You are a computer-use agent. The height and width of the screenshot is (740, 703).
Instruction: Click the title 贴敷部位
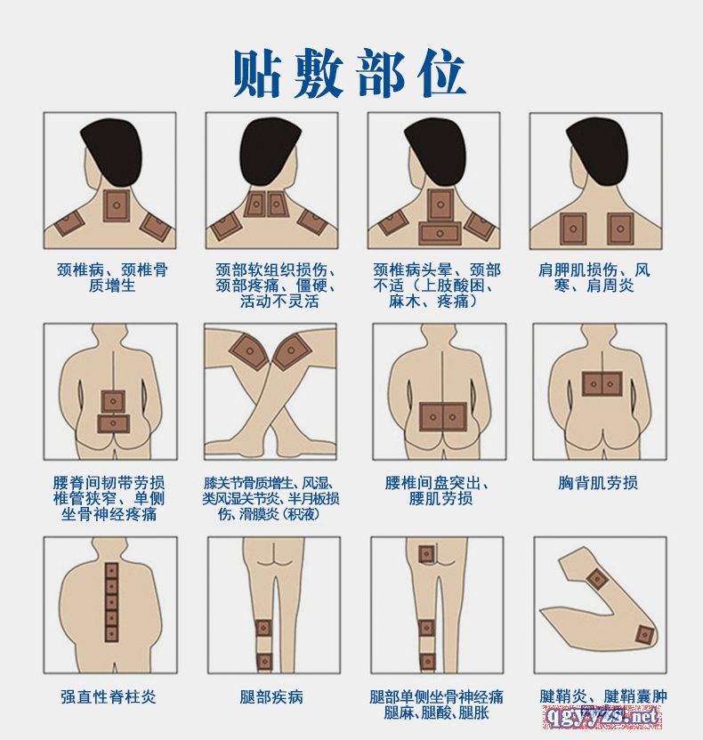[x=350, y=74]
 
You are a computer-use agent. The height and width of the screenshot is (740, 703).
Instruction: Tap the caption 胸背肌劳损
[x=598, y=483]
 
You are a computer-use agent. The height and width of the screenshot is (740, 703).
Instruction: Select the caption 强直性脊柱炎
[x=108, y=696]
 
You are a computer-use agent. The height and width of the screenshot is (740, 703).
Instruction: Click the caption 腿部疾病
[x=271, y=696]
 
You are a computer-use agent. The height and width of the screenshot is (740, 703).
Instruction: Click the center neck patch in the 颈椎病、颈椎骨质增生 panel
[x=117, y=205]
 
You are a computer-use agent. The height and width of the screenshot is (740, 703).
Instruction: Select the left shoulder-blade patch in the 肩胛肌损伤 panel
[x=573, y=229]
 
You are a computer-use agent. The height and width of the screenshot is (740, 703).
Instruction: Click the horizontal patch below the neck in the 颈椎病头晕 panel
[x=440, y=234]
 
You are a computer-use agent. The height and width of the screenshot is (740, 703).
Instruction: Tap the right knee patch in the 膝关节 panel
[x=291, y=351]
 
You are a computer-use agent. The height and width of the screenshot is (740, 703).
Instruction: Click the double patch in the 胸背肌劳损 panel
[x=602, y=383]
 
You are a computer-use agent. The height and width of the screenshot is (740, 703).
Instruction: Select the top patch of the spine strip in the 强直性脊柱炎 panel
[x=111, y=571]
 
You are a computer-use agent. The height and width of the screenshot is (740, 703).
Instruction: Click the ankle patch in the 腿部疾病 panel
[x=264, y=662]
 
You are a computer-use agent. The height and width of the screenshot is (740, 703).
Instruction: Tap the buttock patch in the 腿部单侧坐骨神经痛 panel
[x=427, y=554]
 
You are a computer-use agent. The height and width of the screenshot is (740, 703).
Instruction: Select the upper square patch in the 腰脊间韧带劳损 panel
[x=113, y=402]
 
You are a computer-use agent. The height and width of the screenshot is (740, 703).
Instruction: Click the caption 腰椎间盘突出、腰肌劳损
[x=437, y=490]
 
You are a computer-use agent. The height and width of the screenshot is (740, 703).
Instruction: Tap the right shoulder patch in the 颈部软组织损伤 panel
[x=312, y=221]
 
